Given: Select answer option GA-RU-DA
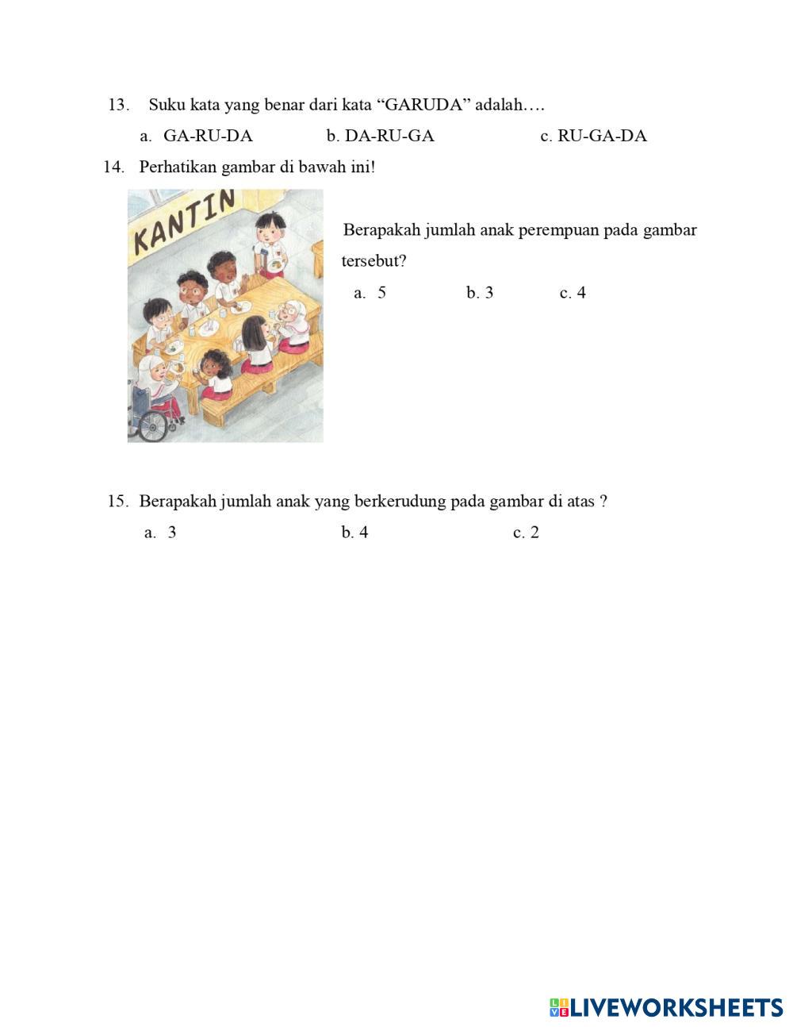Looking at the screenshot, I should pyautogui.click(x=208, y=136).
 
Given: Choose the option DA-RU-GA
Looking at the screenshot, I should pyautogui.click(x=389, y=136).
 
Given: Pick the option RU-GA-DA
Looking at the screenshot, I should pyautogui.click(x=602, y=136).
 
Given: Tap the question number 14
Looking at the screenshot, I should pyautogui.click(x=113, y=167).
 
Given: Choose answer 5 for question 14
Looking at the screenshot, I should pyautogui.click(x=381, y=293).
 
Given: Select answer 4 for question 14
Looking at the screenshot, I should pyautogui.click(x=581, y=293).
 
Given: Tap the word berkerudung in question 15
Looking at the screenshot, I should pyautogui.click(x=400, y=502).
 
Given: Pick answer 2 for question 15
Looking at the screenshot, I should pyautogui.click(x=534, y=533).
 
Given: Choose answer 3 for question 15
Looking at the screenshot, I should pyautogui.click(x=172, y=533).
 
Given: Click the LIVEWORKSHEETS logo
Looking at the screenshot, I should pyautogui.click(x=666, y=1007).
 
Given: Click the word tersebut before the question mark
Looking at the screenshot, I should pyautogui.click(x=370, y=261).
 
